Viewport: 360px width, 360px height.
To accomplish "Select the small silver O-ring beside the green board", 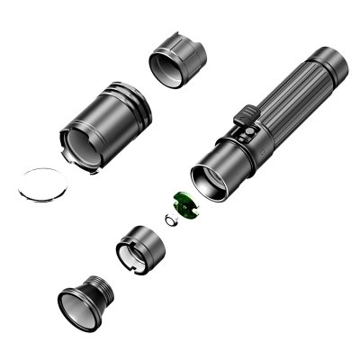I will tap(168, 219).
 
